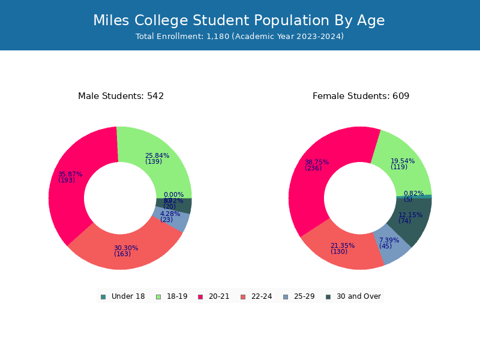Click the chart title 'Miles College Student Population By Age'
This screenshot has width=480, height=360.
tap(239, 20)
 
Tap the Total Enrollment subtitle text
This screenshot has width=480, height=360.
tap(239, 37)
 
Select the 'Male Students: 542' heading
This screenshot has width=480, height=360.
tap(121, 96)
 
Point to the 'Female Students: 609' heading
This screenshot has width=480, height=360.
tap(361, 96)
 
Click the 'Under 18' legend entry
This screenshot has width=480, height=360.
tap(122, 296)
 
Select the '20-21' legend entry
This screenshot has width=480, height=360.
tap(214, 296)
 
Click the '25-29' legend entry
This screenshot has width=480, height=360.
tap(298, 296)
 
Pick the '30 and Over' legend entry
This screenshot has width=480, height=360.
tap(353, 296)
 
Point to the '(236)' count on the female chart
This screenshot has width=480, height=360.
tap(313, 169)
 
